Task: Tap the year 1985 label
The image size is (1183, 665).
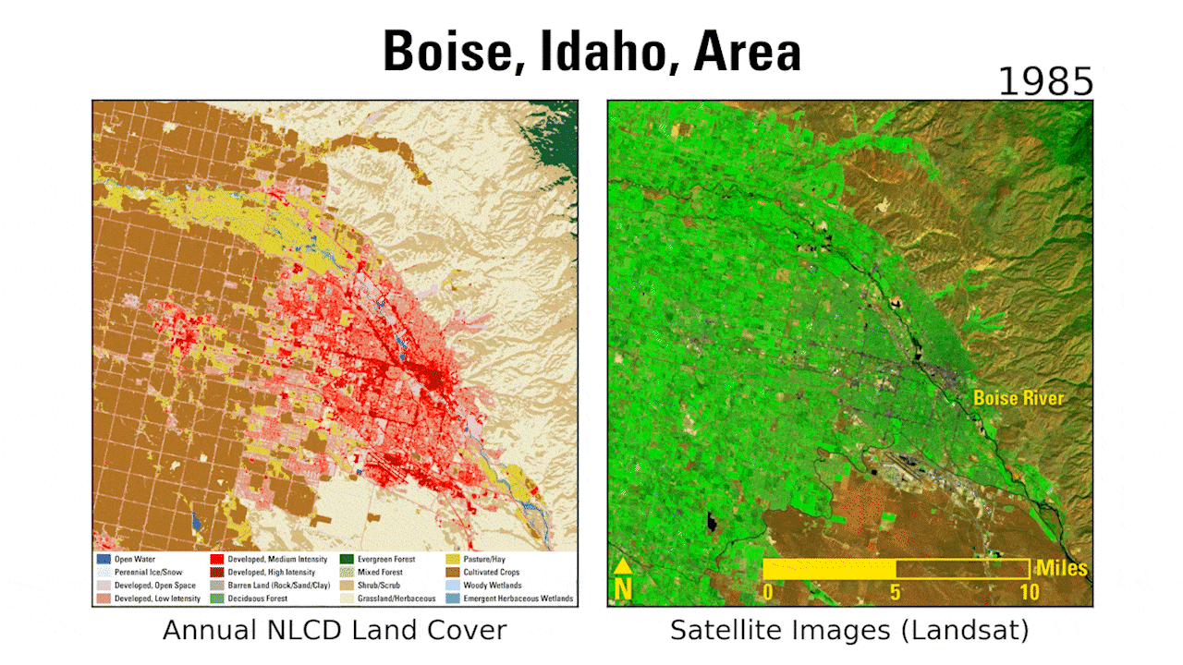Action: (1045, 83)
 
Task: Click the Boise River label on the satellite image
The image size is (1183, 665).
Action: (1018, 398)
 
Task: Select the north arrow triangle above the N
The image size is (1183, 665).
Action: (624, 565)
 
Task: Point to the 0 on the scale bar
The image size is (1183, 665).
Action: (767, 591)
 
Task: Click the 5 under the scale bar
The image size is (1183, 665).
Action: (896, 591)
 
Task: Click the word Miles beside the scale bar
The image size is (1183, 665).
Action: (1061, 567)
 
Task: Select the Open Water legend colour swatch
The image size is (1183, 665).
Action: (104, 559)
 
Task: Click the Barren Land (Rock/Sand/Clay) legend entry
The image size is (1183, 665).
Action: (274, 586)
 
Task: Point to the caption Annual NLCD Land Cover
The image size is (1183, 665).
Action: (335, 631)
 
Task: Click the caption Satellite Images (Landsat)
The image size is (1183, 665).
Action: (849, 631)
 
